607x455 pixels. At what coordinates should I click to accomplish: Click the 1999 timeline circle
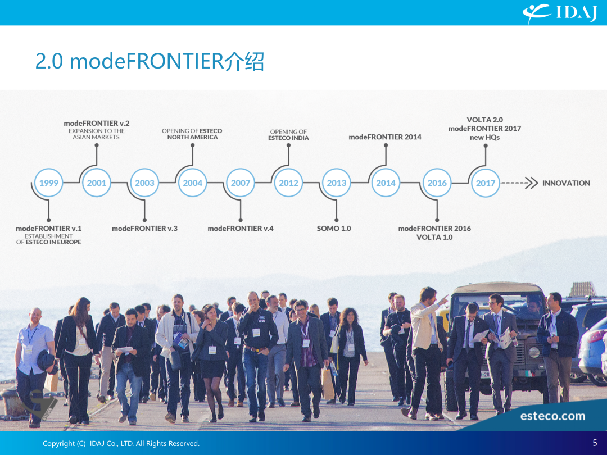tap(48, 183)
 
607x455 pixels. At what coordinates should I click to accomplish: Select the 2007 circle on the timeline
tap(241, 183)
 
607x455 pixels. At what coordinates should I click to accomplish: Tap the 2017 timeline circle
tap(486, 183)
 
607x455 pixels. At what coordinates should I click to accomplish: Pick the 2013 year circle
tap(337, 183)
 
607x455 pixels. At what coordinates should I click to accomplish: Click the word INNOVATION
tap(566, 183)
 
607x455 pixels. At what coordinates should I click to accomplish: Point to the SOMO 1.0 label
tap(334, 229)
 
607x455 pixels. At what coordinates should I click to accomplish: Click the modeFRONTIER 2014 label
tap(385, 137)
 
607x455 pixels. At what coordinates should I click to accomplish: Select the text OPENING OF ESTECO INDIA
tap(288, 135)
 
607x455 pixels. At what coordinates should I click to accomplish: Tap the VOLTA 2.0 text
tap(484, 120)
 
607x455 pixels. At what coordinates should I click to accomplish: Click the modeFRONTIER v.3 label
tap(144, 229)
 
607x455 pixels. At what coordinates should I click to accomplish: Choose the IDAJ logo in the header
tap(560, 13)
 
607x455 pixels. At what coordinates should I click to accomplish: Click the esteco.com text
tap(552, 416)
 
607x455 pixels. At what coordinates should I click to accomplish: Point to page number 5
tap(595, 443)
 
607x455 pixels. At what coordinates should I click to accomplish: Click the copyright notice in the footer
tap(121, 444)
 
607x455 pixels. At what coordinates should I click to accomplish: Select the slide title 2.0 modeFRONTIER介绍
tap(150, 61)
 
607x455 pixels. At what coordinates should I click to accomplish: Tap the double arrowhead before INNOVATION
tap(532, 183)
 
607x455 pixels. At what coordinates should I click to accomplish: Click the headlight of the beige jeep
tap(534, 352)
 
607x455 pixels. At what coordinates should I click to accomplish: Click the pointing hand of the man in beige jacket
tap(443, 299)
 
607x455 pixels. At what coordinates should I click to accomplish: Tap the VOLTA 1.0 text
tap(434, 238)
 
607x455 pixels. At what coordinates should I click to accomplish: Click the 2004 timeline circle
tap(192, 183)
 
